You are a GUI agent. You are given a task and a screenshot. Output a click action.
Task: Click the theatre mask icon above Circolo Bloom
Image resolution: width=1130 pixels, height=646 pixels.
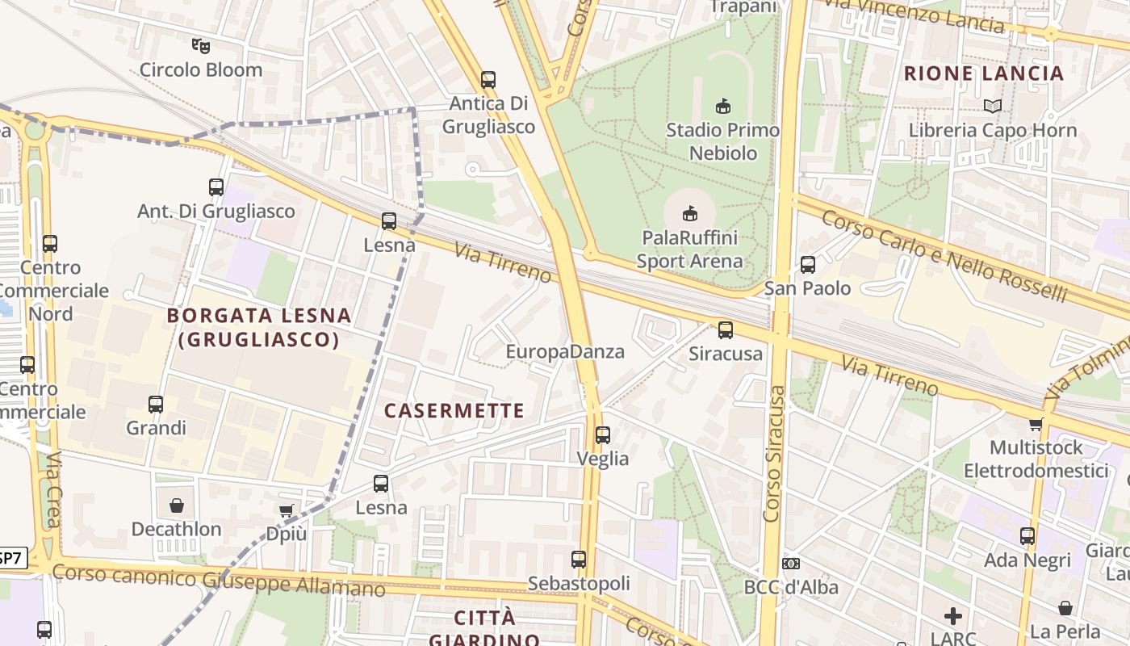coord(200,45)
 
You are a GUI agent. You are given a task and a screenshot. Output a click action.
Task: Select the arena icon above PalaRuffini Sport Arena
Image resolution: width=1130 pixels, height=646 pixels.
coord(689,213)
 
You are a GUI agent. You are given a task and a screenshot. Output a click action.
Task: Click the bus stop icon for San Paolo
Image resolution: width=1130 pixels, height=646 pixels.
coord(807,264)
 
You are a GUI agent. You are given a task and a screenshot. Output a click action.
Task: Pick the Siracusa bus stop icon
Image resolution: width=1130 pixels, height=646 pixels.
coord(725,329)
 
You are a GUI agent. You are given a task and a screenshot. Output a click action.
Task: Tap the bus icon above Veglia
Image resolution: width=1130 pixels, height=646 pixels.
coord(602,434)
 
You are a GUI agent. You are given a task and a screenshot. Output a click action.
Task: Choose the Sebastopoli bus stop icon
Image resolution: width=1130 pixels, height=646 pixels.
coord(578,559)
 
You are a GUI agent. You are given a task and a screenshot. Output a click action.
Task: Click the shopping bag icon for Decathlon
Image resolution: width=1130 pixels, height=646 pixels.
coord(176,505)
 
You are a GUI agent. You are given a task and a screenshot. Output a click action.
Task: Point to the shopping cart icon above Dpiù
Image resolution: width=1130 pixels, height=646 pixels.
coord(286,510)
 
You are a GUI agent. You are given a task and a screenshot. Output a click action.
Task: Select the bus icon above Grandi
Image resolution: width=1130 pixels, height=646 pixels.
coord(155,404)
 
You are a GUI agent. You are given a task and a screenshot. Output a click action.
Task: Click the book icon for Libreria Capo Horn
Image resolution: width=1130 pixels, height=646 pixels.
coord(992,106)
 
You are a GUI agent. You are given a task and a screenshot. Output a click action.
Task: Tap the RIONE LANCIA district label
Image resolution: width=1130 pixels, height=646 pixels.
coord(984,73)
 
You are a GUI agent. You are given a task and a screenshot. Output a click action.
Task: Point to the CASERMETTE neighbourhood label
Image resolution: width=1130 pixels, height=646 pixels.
coord(454,410)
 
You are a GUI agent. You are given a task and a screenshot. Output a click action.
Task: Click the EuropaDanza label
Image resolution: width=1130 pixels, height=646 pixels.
coord(565,351)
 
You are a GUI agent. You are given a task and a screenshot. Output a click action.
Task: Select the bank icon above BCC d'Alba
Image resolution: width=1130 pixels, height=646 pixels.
coord(790,563)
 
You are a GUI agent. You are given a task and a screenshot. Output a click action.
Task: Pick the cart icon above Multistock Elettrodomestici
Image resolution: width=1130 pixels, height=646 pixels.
coord(1036,424)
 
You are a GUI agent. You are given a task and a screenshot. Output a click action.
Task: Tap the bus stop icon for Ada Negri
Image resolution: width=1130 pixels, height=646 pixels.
coord(1027,535)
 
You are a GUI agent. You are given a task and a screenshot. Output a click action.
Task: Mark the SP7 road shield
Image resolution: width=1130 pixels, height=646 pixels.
coord(11,557)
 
